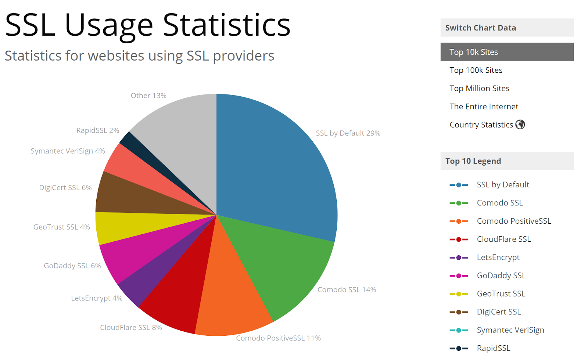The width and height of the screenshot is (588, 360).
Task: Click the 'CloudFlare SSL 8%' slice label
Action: click(x=131, y=327)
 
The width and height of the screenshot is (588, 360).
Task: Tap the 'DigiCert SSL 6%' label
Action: click(x=65, y=188)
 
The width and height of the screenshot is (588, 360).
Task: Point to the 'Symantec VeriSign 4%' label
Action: click(x=68, y=151)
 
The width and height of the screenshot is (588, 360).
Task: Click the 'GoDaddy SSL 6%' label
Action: click(x=72, y=266)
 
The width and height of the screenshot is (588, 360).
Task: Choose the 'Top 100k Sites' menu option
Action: click(x=476, y=70)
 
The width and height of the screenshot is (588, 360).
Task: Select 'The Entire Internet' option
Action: click(x=484, y=107)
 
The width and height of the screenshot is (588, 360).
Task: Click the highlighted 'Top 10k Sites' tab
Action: click(x=474, y=52)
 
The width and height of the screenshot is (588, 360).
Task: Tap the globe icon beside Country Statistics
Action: click(x=520, y=125)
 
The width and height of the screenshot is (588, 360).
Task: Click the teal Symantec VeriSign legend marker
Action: click(x=459, y=330)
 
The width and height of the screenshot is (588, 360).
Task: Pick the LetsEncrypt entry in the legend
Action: click(x=498, y=258)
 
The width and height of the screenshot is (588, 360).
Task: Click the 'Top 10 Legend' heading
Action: click(x=473, y=161)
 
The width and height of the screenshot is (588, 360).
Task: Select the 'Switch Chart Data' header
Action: click(x=480, y=28)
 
